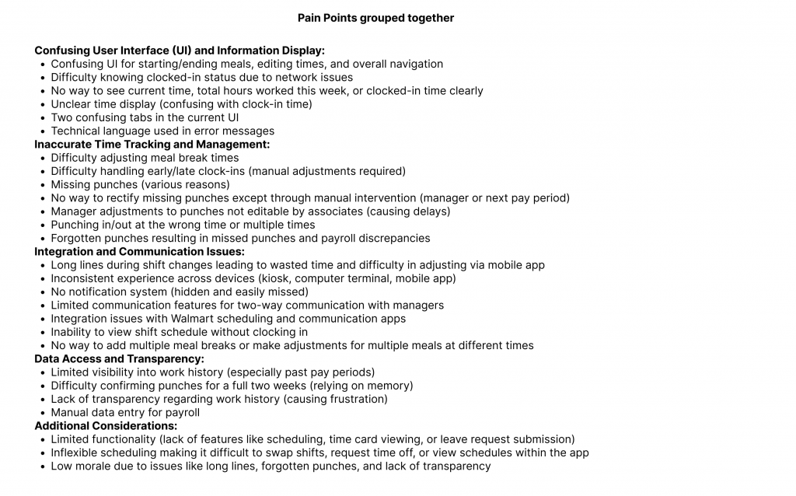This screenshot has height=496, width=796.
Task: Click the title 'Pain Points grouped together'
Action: [x=375, y=18]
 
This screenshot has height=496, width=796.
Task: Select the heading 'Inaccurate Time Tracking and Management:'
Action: [x=152, y=144]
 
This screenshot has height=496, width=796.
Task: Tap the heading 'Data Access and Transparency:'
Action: [x=119, y=358]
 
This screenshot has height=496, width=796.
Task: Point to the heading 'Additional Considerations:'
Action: [x=106, y=426]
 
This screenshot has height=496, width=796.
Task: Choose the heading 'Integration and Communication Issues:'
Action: [x=139, y=251]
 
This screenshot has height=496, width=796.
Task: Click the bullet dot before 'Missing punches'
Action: [x=41, y=185]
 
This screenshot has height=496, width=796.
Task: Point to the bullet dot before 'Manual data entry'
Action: [x=41, y=413]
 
